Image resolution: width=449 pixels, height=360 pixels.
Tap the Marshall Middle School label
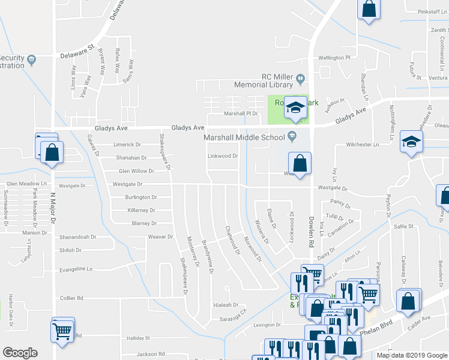244,137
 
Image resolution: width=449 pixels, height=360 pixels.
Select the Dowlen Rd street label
312,233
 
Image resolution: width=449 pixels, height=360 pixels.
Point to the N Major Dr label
52,207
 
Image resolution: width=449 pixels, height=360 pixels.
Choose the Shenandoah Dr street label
77,237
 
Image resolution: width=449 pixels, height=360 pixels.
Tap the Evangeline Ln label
77,269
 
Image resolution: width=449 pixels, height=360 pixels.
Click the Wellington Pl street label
334,58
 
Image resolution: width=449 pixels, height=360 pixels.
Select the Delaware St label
78,52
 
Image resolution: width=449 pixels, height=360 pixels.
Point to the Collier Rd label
71,298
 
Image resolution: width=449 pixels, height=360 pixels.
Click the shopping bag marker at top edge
369,9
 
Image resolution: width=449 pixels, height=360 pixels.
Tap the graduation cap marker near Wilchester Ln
411,142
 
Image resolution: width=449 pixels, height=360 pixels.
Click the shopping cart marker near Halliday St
63,331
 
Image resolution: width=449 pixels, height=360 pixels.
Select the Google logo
20,353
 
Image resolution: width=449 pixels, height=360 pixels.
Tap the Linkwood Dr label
223,156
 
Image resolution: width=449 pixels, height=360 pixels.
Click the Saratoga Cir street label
234,319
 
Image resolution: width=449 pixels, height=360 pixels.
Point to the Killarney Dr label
141,211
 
